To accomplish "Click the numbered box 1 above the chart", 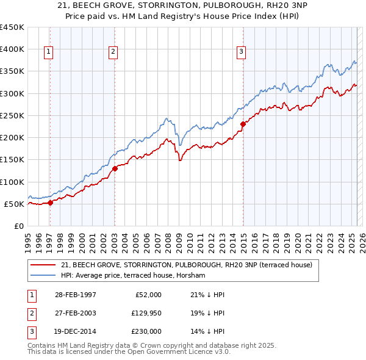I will [48, 52].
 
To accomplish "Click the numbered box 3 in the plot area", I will [242, 52].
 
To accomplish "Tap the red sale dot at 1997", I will [51, 203].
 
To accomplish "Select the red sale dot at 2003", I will [115, 169].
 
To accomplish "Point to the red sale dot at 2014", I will [243, 124].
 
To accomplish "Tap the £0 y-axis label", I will [18, 226].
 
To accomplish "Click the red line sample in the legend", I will [43, 265].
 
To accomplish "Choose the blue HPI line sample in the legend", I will [43, 275].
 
